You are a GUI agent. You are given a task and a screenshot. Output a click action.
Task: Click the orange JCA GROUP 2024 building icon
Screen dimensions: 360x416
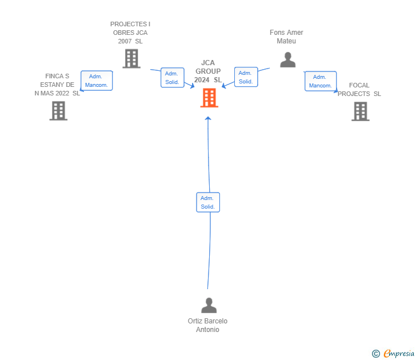(x=209, y=98)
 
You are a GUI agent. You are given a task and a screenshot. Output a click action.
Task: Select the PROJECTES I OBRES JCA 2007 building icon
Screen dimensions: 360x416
(x=131, y=58)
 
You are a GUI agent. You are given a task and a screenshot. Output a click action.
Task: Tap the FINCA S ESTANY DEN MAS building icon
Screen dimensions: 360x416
(x=58, y=110)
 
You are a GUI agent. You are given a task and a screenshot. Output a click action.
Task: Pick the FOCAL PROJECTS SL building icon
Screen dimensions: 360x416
(x=360, y=111)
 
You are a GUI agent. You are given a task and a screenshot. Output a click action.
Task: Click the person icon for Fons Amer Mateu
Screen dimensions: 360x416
(x=288, y=59)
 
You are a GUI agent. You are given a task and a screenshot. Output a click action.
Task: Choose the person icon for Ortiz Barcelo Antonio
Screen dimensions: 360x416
(x=209, y=305)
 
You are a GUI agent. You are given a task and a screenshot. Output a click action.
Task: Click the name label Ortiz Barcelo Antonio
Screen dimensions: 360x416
(x=207, y=325)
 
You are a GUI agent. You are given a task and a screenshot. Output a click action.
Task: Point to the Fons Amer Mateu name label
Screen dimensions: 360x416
(x=286, y=37)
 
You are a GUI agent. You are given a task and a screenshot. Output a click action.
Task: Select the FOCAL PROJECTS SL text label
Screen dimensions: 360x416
(x=359, y=90)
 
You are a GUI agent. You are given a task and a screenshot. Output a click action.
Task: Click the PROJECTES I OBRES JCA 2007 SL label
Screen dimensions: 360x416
(x=130, y=33)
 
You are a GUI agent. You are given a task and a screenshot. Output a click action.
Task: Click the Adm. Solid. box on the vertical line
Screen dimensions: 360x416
(x=208, y=202)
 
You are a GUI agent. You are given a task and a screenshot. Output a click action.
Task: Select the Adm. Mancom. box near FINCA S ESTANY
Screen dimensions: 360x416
(x=97, y=81)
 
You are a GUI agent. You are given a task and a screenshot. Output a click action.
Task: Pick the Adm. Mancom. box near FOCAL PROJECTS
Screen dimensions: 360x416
(x=320, y=81)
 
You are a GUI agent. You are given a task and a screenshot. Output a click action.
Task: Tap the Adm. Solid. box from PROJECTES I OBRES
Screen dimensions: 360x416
(x=172, y=78)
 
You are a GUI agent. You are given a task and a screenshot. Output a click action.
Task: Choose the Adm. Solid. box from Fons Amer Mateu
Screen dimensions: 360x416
(x=246, y=77)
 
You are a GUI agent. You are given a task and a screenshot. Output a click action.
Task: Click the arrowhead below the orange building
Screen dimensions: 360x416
(x=208, y=118)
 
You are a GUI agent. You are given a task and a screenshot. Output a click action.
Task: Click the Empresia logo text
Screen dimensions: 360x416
(x=398, y=354)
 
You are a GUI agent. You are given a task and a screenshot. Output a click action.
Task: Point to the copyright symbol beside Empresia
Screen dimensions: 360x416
(x=375, y=354)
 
